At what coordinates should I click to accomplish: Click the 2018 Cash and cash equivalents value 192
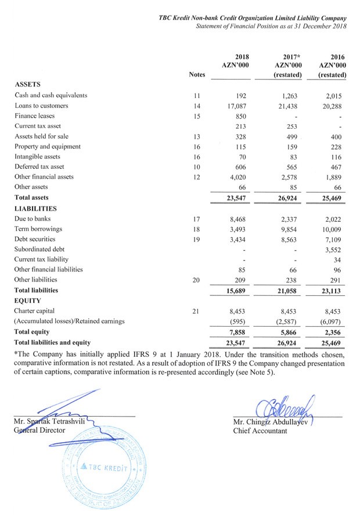242,96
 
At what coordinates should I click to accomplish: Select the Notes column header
197,75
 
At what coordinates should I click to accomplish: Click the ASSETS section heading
29,85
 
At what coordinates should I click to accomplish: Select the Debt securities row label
35,239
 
